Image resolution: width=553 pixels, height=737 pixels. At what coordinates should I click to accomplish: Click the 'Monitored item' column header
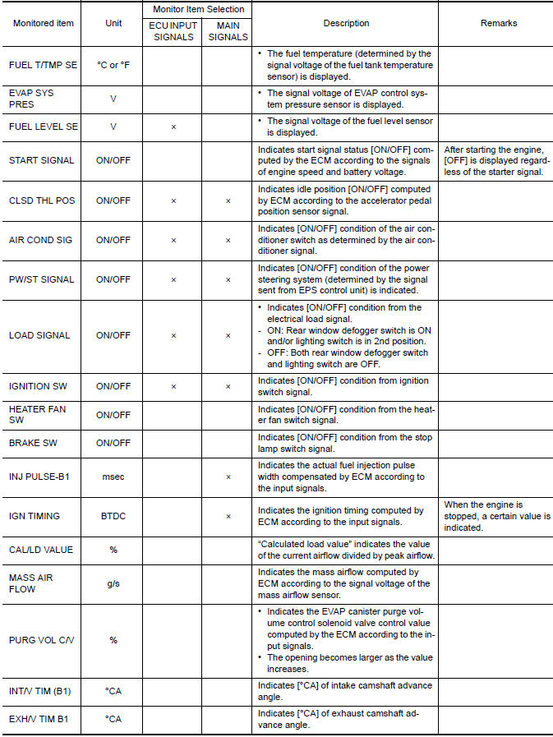click(x=44, y=23)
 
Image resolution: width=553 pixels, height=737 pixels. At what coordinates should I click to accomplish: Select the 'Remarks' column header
click(x=499, y=23)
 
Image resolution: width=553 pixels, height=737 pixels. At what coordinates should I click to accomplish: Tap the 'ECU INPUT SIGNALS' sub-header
click(x=173, y=31)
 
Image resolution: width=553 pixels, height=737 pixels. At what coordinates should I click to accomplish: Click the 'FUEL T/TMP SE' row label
click(x=44, y=64)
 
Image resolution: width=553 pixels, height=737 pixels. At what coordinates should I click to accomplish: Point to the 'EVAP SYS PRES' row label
click(x=32, y=99)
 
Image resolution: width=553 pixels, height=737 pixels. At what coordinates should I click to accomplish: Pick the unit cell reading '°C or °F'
click(x=113, y=64)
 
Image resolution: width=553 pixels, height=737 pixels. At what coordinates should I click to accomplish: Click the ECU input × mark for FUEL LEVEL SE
click(x=173, y=127)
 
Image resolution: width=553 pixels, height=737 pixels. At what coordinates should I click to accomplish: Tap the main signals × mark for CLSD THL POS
click(x=228, y=200)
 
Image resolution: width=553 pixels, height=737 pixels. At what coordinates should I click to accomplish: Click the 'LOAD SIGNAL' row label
click(x=39, y=335)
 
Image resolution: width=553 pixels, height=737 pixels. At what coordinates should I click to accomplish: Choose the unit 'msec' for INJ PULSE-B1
click(x=113, y=477)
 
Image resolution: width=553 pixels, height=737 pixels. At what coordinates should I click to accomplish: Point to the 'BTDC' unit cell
click(x=113, y=516)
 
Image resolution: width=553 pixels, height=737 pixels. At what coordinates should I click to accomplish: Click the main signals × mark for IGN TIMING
click(x=228, y=516)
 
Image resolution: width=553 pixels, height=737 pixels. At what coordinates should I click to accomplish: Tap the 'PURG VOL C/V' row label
click(x=41, y=640)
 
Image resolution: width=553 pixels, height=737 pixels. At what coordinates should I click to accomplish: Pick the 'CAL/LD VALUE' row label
click(x=41, y=550)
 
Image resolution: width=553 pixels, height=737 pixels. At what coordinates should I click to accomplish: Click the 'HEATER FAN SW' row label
click(x=34, y=414)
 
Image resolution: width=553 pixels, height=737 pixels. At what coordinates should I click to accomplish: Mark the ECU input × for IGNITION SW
click(x=173, y=386)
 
